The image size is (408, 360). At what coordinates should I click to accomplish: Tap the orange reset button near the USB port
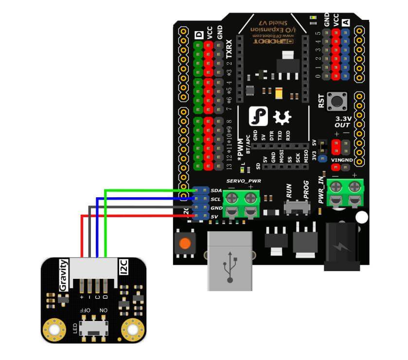[x=184, y=244]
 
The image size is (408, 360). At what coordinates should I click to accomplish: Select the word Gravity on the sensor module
[x=63, y=275]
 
